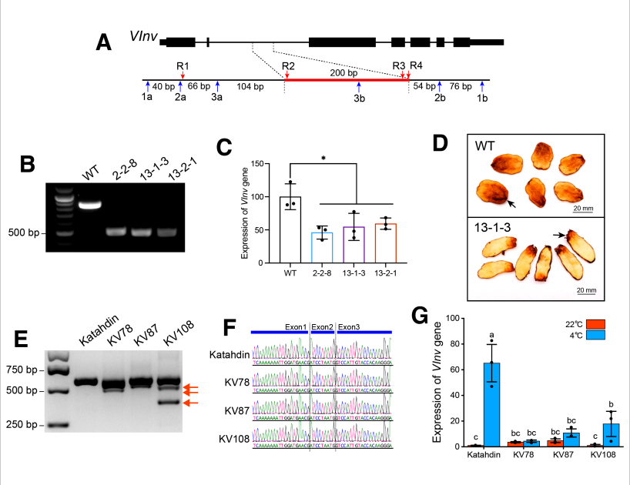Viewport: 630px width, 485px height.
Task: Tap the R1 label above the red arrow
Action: click(183, 65)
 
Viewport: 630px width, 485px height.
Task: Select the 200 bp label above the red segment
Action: click(343, 72)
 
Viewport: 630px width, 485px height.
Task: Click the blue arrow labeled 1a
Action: click(147, 86)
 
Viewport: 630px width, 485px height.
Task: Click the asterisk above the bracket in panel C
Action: click(323, 158)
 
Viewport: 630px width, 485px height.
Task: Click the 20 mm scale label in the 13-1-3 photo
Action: click(587, 289)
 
